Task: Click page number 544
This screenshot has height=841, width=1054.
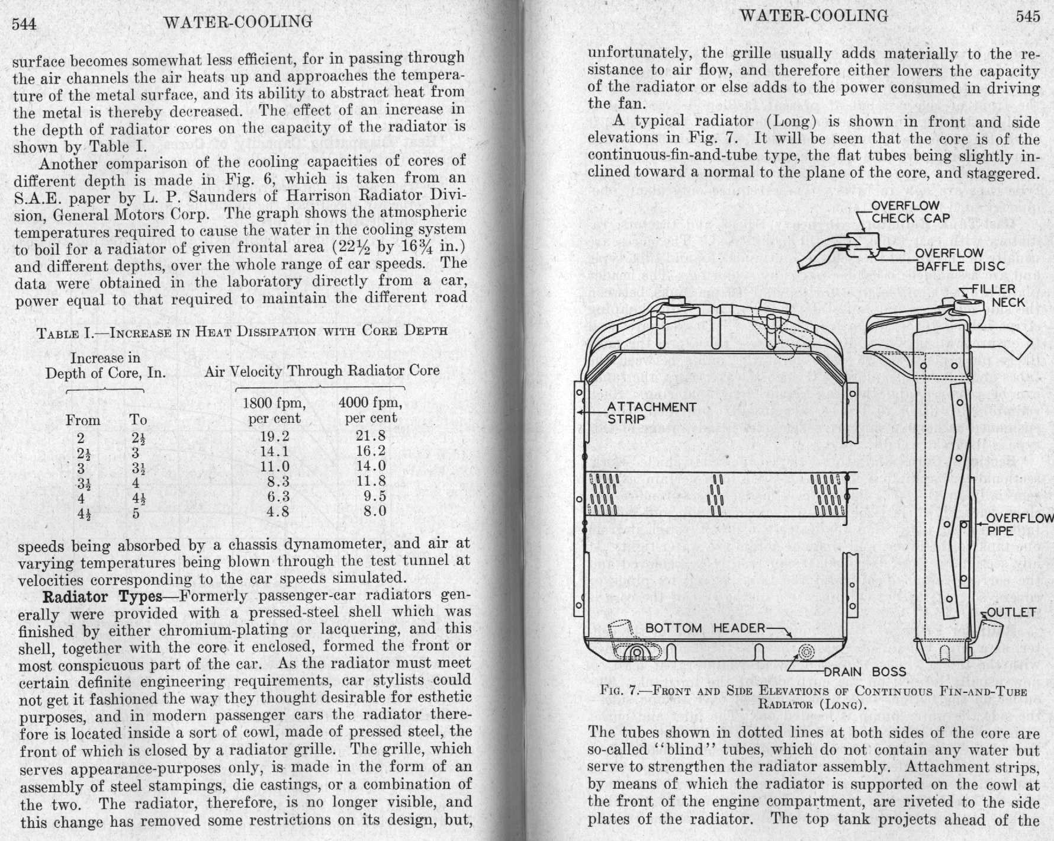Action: click(x=24, y=24)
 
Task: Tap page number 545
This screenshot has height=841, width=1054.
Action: click(x=1027, y=17)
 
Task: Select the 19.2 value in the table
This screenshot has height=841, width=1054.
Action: click(x=274, y=437)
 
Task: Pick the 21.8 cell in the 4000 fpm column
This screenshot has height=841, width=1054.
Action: click(x=371, y=436)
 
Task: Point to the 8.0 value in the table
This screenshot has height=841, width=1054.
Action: click(x=374, y=511)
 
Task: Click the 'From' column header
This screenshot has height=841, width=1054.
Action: click(x=83, y=420)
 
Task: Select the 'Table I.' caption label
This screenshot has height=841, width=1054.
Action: click(x=65, y=332)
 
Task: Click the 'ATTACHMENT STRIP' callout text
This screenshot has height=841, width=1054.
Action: click(x=651, y=413)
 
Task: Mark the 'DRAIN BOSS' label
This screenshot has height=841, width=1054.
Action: click(x=873, y=672)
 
